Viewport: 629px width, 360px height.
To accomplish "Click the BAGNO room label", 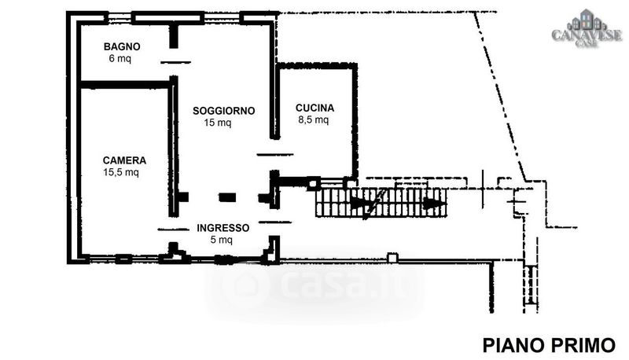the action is point(122,46).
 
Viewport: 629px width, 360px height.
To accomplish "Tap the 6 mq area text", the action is point(120,58).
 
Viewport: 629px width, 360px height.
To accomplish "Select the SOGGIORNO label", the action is point(224,111).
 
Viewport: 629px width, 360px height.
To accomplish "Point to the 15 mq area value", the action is point(218,123).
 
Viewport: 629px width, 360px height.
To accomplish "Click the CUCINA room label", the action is point(315,108).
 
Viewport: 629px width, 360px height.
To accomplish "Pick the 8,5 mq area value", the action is point(313,119).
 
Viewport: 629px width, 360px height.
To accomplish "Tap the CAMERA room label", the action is point(124,160).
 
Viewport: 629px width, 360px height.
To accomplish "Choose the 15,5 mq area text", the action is point(121,172).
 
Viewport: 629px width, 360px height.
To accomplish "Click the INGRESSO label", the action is point(223,228).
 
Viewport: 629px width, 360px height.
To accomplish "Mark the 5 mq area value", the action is point(222,240).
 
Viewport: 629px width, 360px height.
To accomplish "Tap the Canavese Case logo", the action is point(587,29).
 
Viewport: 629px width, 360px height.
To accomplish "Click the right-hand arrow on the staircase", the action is point(434,204).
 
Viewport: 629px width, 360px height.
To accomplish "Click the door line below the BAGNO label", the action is point(175,62).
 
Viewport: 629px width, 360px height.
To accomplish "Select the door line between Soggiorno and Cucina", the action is point(275,154).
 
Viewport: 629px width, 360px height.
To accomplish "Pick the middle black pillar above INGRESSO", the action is point(227,197).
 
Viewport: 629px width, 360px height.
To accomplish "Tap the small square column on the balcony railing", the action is point(392,258).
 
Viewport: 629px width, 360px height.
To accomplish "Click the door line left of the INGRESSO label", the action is point(173,230).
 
